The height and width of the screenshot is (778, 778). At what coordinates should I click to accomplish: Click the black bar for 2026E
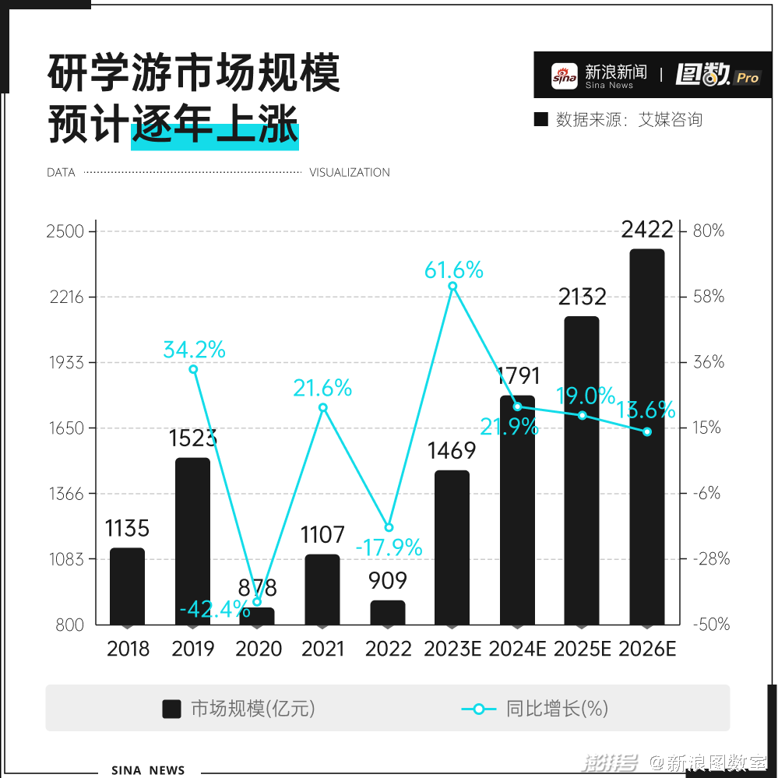click(646, 436)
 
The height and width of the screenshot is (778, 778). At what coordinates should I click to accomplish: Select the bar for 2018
click(127, 586)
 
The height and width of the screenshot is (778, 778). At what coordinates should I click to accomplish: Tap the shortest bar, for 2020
click(257, 616)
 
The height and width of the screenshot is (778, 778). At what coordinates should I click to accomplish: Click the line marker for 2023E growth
click(452, 287)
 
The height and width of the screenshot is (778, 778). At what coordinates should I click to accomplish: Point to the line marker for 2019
click(193, 369)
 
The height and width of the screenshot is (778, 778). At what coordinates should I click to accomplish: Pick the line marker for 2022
click(389, 527)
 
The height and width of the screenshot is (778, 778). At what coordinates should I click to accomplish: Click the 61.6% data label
click(453, 270)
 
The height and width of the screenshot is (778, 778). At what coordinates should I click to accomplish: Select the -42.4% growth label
click(214, 609)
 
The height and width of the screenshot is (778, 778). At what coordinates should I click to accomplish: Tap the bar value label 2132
click(582, 297)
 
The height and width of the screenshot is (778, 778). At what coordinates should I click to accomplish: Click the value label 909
click(388, 581)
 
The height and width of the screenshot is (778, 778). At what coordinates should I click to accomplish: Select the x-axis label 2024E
click(518, 649)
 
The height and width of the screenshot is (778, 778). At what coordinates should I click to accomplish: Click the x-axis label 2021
click(322, 649)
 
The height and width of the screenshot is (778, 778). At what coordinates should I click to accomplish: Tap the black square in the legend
click(172, 709)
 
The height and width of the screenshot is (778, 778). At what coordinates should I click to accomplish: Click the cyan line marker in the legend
click(479, 709)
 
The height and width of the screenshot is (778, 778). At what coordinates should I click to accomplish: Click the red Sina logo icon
click(565, 76)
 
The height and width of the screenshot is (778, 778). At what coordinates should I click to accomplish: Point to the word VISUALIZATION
click(350, 173)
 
